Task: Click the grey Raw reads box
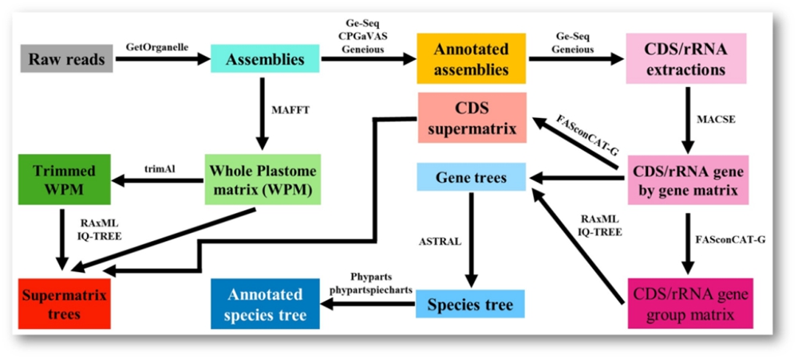pos(68,59)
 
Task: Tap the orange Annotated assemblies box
pos(471,59)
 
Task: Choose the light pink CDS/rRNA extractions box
pos(685,59)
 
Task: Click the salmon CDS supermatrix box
pos(472,117)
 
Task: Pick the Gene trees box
pos(472,177)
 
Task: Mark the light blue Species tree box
pos(472,304)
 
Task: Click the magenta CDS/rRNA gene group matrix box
pos(685,304)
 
